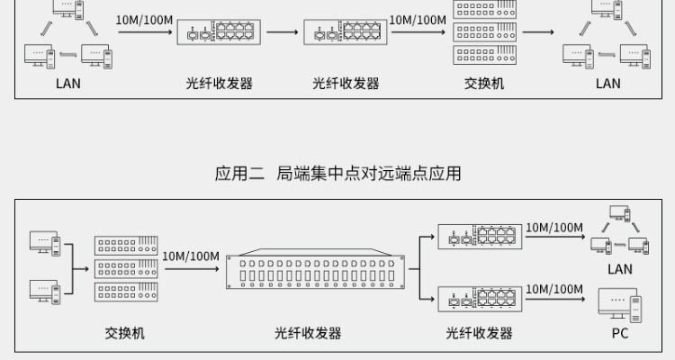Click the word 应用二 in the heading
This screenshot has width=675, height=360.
click(238, 173)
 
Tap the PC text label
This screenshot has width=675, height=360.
click(620, 333)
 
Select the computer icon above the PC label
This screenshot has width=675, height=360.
click(620, 306)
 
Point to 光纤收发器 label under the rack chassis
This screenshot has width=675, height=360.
click(308, 333)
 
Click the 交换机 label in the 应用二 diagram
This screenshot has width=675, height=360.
click(125, 333)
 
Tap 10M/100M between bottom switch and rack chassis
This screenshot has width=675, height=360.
click(191, 256)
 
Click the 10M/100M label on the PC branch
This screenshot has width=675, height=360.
click(554, 289)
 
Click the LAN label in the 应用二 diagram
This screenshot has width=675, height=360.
click(620, 269)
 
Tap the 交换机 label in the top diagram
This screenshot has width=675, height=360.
click(484, 84)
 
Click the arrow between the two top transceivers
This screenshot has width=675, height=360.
click(282, 33)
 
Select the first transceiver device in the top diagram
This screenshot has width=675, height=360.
click(219, 33)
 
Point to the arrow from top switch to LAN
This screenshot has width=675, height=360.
click(537, 33)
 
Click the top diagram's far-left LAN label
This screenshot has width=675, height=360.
click(68, 84)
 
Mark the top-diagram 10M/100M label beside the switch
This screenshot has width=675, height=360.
click(418, 20)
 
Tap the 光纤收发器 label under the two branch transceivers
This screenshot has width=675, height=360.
click(479, 333)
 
